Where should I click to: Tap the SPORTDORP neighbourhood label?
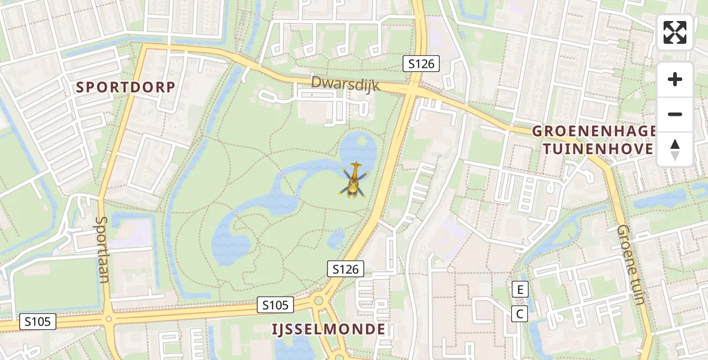[126, 88]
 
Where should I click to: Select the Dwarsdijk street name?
[345, 84]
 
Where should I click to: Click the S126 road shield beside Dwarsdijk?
[421, 64]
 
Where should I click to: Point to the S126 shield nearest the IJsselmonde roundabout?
[346, 269]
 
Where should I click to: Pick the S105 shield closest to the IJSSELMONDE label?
[275, 305]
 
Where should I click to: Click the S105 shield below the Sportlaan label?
[38, 322]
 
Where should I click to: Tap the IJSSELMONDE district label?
[328, 329]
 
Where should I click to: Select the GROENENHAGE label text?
[594, 132]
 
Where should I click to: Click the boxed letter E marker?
[520, 290]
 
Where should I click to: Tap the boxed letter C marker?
[520, 313]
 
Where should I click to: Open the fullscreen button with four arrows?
[675, 32]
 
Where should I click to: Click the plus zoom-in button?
[675, 79]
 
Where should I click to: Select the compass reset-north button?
[675, 149]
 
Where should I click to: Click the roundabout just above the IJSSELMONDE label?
[320, 301]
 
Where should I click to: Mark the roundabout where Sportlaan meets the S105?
[108, 319]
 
